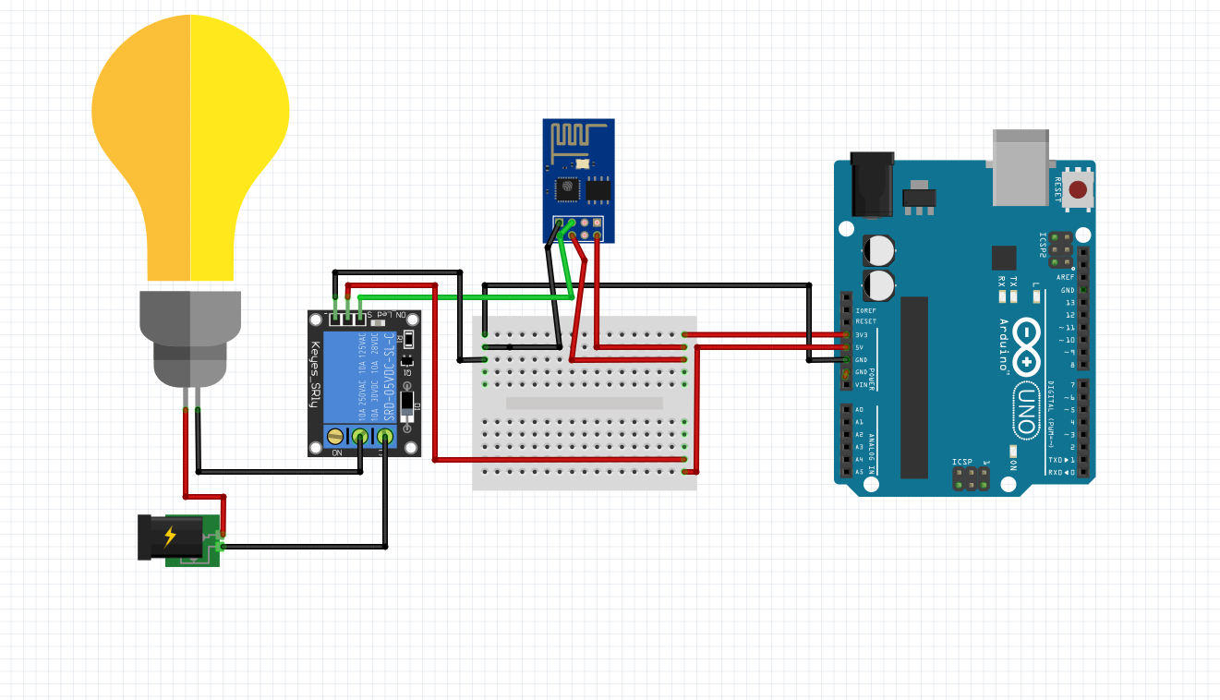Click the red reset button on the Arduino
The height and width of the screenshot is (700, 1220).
pyautogui.click(x=1077, y=190)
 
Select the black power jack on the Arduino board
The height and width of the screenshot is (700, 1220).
pyautogui.click(x=871, y=185)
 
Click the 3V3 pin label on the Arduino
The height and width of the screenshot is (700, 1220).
pyautogui.click(x=862, y=334)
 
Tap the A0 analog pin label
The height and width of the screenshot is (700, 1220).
pyautogui.click(x=860, y=409)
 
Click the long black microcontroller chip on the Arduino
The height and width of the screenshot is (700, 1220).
pyautogui.click(x=913, y=387)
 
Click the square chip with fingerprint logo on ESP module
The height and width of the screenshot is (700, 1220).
pyautogui.click(x=566, y=189)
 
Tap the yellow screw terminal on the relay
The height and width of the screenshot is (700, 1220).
pyautogui.click(x=335, y=436)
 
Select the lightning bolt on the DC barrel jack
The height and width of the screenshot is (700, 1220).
pyautogui.click(x=170, y=537)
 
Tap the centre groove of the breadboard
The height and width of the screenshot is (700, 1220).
pyautogui.click(x=584, y=404)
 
